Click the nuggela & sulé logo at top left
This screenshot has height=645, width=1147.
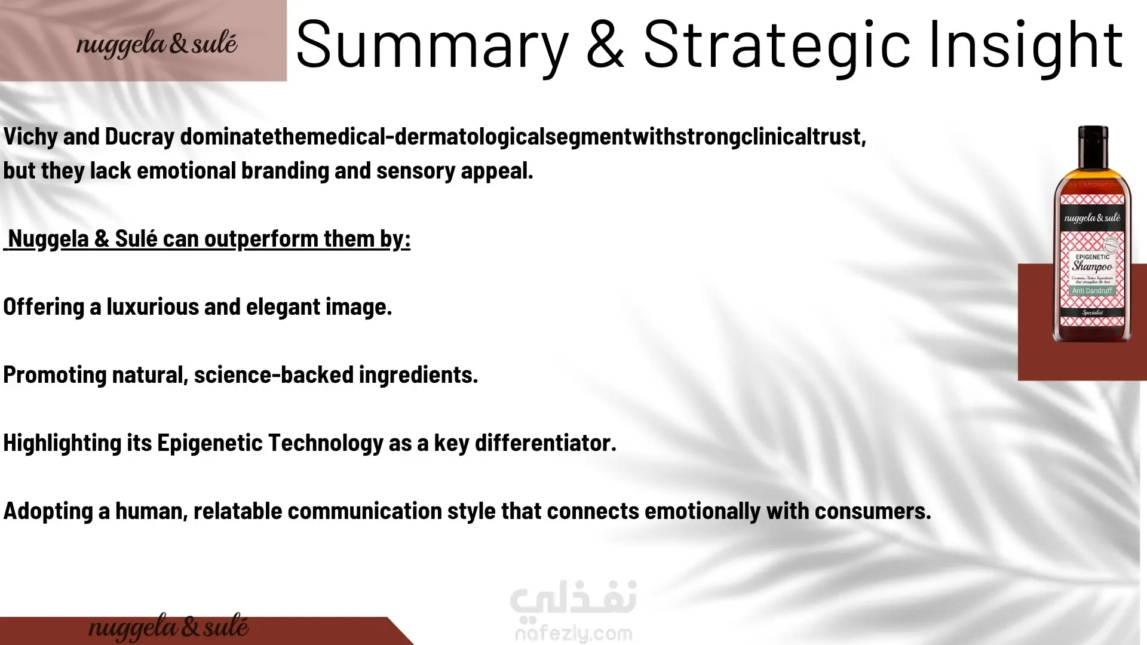pyautogui.click(x=157, y=44)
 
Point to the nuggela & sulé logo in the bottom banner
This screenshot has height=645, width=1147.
pyautogui.click(x=168, y=628)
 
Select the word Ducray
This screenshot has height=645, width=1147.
pyautogui.click(x=139, y=137)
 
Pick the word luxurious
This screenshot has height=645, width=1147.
pyautogui.click(x=152, y=307)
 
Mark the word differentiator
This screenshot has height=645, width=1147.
pyautogui.click(x=545, y=443)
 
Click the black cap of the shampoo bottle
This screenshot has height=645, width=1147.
pyautogui.click(x=1093, y=142)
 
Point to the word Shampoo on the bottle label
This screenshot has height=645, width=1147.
pyautogui.click(x=1091, y=266)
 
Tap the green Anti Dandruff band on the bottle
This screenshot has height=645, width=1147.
pyautogui.click(x=1091, y=291)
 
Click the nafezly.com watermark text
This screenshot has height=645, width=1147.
pyautogui.click(x=573, y=632)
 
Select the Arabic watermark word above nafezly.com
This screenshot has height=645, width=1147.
pyautogui.click(x=573, y=598)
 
